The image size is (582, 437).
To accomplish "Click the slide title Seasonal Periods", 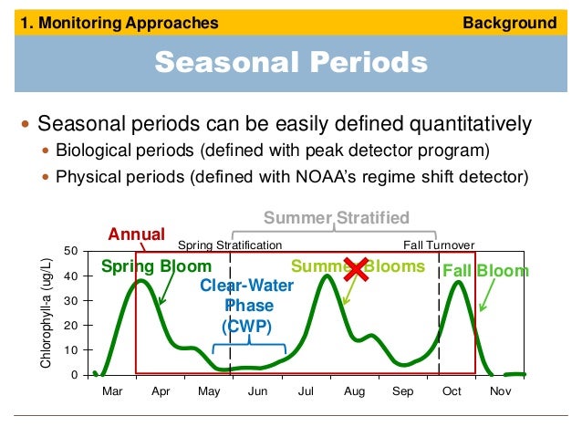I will click(x=290, y=62).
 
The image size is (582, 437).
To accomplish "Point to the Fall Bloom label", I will click(x=484, y=271).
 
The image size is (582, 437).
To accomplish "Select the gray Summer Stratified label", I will click(x=337, y=217).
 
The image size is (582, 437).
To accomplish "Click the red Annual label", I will click(x=137, y=234).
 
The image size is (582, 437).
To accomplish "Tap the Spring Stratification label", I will click(x=229, y=245).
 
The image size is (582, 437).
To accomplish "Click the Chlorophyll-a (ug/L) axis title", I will click(x=47, y=313).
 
